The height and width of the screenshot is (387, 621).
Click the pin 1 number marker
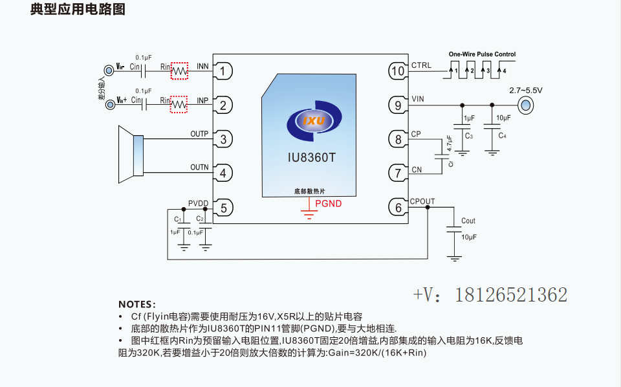click(223, 71)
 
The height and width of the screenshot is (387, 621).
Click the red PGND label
click(329, 204)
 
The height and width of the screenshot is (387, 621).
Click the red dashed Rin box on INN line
click(179, 71)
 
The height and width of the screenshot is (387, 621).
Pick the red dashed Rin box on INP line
click(179, 105)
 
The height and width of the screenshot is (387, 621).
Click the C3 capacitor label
click(468, 136)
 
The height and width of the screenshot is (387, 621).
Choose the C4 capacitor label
click(502, 136)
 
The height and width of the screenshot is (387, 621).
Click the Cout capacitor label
click(468, 221)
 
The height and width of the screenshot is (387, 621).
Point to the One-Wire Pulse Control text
click(482, 54)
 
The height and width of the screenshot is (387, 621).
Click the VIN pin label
click(418, 99)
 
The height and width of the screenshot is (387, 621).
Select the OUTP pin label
click(199, 134)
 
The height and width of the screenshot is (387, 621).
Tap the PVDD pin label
click(198, 203)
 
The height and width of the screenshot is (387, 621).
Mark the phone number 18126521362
click(511, 295)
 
